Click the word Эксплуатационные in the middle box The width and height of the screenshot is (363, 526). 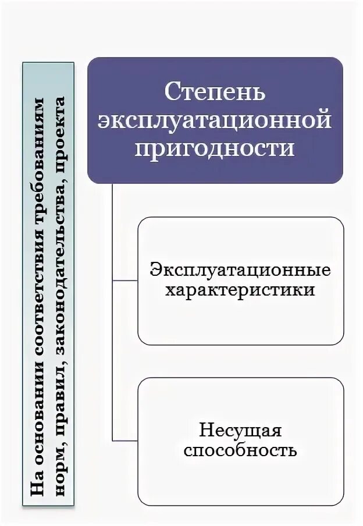click(240, 271)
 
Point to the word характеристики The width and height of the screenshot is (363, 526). click(240, 289)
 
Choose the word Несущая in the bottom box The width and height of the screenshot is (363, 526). click(240, 431)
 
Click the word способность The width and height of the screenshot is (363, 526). click(240, 450)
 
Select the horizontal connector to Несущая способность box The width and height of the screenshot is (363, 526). click(124, 440)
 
